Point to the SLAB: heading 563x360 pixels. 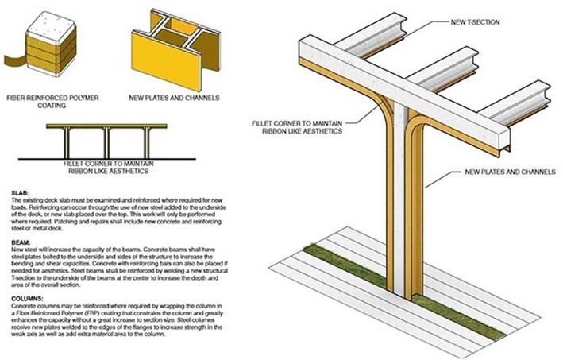(21, 193)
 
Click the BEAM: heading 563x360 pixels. (21, 239)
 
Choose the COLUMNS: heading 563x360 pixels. (29, 298)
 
